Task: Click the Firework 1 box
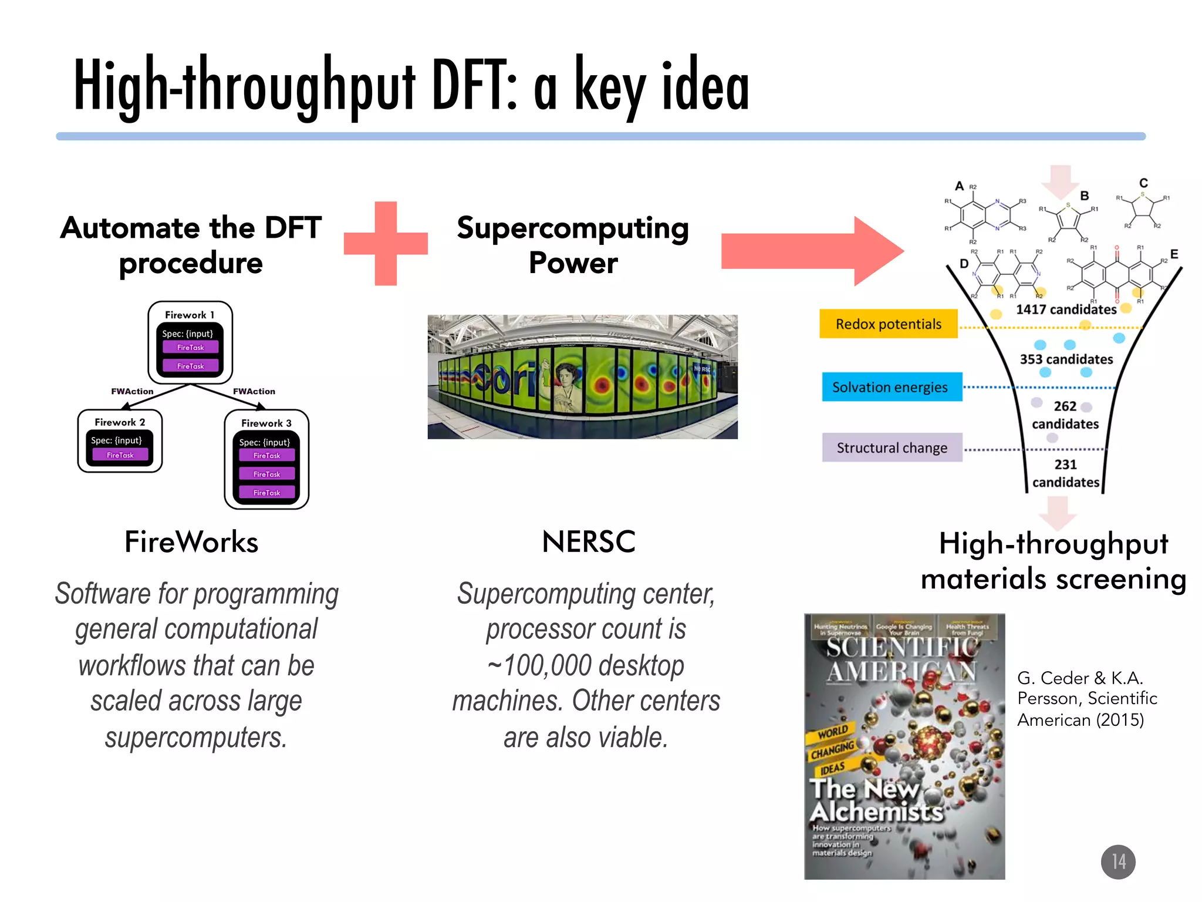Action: pos(190,342)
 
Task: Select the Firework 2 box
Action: pos(120,441)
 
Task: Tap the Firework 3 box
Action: pos(266,459)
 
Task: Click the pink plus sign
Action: pos(386,244)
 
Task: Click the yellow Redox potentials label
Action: pos(888,324)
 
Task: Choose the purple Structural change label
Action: pos(892,448)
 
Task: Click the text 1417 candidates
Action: pos(1066,309)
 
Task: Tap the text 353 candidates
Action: pos(1066,359)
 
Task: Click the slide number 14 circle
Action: pos(1117,861)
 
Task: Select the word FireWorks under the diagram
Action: pos(191,541)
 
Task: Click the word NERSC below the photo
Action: pos(589,541)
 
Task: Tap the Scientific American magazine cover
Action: pos(904,746)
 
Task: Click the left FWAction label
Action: pos(132,391)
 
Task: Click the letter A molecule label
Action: pos(959,186)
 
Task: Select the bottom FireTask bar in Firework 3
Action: pos(266,493)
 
